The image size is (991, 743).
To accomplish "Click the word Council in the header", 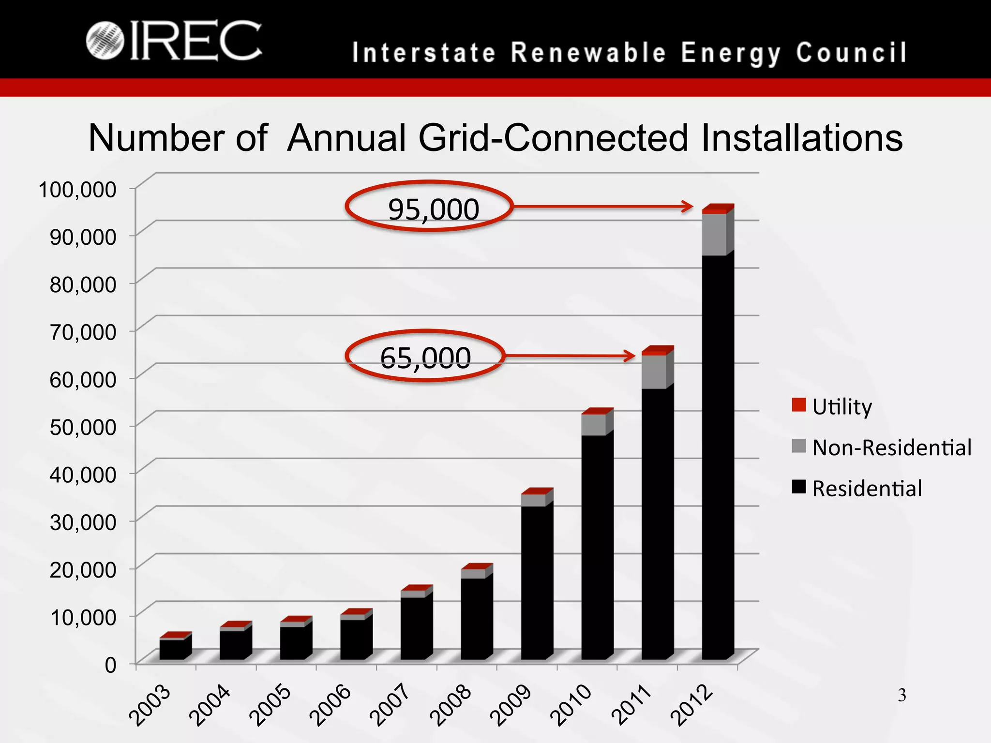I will tap(852, 53).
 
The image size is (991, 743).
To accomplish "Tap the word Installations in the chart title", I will tap(801, 138).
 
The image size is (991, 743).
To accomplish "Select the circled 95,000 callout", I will tap(429, 207).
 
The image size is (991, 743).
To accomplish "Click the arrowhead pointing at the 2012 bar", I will tap(688, 207).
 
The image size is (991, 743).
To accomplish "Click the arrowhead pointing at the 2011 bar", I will tap(629, 356).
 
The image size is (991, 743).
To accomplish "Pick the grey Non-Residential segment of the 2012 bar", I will tap(714, 234).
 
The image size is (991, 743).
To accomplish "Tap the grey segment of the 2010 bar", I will tap(594, 425).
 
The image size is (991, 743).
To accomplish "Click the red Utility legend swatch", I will tap(798, 405).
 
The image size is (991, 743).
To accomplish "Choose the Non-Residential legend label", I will tap(891, 448).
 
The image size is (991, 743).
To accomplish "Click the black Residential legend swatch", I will tap(798, 487).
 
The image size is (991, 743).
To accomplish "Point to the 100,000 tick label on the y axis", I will tap(77, 190).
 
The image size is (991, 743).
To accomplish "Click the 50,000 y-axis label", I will tap(83, 427).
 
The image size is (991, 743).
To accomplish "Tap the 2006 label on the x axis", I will tap(330, 705).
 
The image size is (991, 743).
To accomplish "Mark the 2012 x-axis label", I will tap(692, 705).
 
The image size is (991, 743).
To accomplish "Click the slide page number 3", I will tap(901, 696).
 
